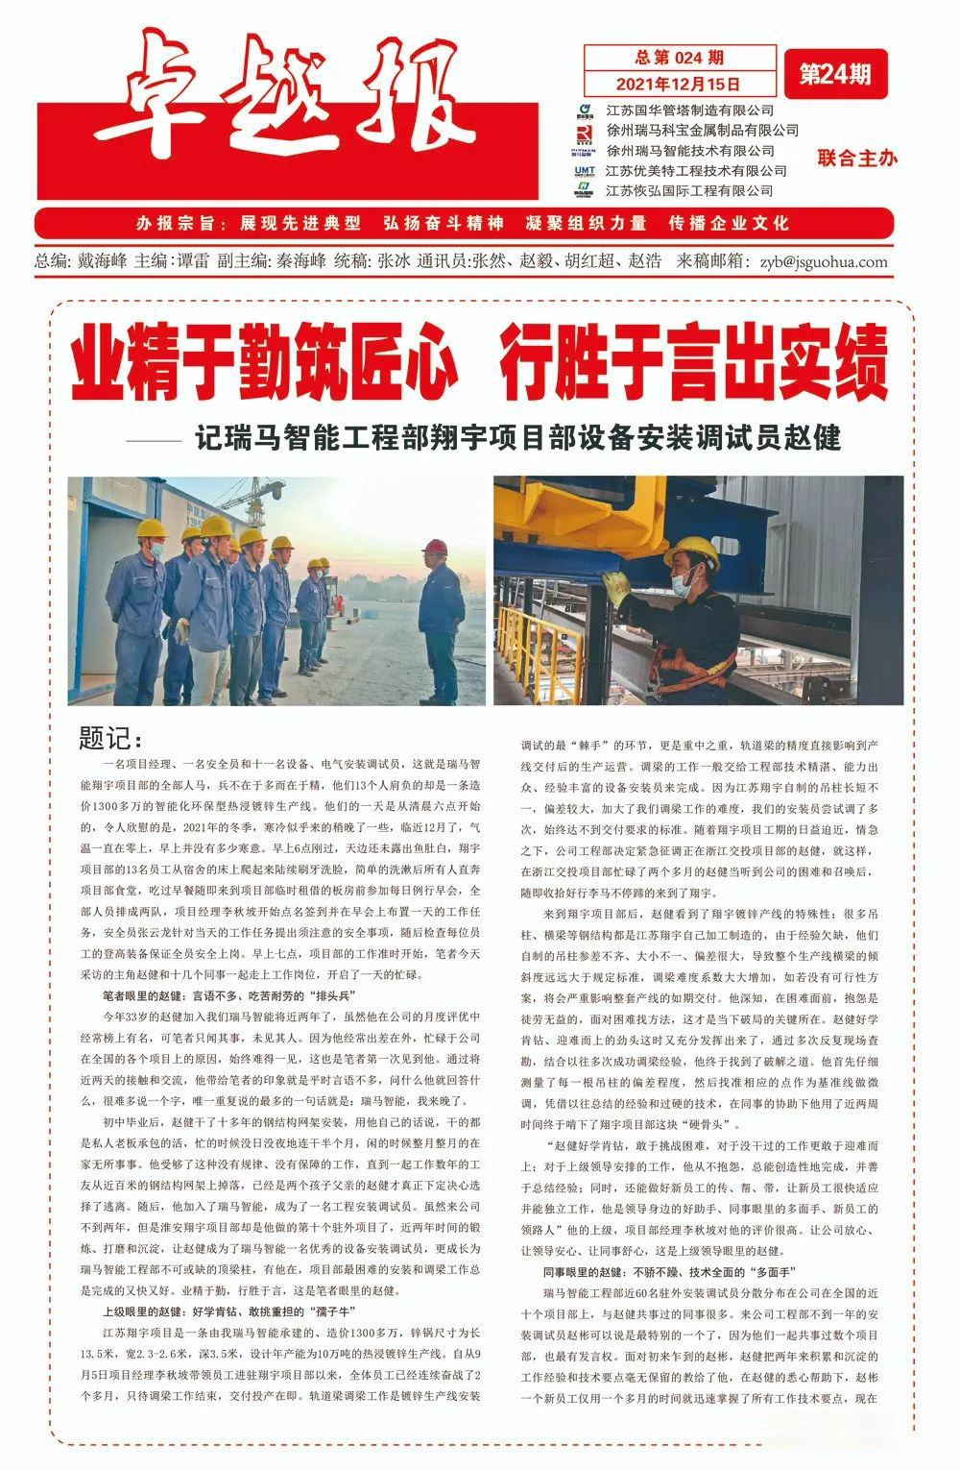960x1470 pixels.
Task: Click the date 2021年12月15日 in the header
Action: [x=679, y=84]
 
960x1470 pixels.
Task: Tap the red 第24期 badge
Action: [x=835, y=75]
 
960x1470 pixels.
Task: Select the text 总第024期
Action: [x=679, y=58]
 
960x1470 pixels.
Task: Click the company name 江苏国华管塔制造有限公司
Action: [x=690, y=110]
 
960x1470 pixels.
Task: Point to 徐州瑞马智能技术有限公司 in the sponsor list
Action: [x=690, y=151]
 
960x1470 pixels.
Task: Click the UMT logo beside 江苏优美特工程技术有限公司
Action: [x=585, y=171]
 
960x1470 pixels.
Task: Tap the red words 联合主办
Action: [x=857, y=159]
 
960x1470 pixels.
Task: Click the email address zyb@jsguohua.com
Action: [x=823, y=261]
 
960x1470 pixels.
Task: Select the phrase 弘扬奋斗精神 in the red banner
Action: [x=443, y=223]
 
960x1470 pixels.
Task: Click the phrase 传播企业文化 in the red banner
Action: [x=730, y=223]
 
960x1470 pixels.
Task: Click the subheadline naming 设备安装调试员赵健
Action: [x=518, y=438]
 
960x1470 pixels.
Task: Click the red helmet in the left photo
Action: [x=435, y=547]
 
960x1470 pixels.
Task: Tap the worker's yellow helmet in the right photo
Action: [x=691, y=551]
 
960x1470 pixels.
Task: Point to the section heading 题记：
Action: [x=110, y=739]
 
